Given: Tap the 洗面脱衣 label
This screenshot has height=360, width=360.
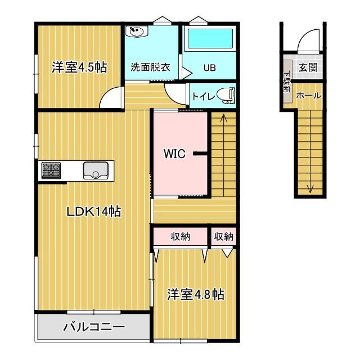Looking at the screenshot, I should point(151,68).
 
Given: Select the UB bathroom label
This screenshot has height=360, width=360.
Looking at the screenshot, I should point(209,68).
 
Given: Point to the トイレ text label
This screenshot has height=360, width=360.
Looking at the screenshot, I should point(202,96).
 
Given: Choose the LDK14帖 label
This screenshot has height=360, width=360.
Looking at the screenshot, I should point(93,211).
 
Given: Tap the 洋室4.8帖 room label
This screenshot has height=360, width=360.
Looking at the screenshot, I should point(195,294).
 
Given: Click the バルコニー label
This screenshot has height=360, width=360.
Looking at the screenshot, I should point(93,327).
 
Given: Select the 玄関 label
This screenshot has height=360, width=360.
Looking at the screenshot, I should point(308,68).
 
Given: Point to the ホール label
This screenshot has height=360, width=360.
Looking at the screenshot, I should point(309,96).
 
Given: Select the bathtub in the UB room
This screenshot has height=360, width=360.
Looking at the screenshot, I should point(210,40).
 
